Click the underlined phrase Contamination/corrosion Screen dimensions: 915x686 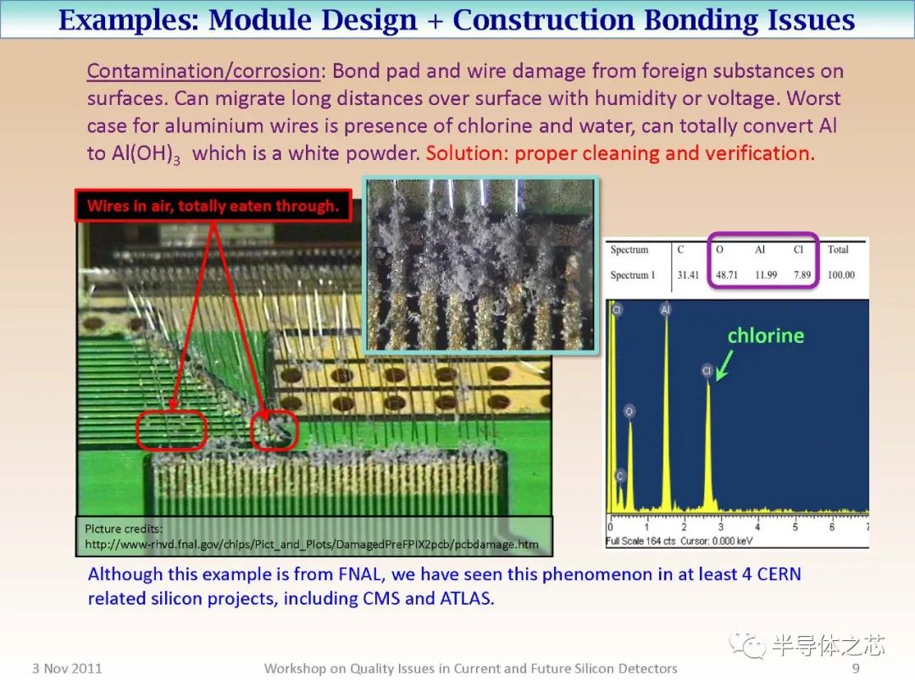203,71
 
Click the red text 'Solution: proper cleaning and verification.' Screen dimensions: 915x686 620,153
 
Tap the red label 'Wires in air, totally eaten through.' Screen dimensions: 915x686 213,205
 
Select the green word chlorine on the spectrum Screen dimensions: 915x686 766,335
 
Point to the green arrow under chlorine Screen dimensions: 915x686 724,366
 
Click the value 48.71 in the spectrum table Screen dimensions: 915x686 727,274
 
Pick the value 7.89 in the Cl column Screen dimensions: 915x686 802,274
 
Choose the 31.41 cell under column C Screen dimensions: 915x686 688,274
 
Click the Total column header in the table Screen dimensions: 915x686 838,250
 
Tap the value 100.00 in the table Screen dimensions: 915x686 841,274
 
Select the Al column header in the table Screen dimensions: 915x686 760,250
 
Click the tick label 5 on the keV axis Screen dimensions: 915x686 795,527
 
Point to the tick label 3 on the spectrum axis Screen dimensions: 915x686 721,527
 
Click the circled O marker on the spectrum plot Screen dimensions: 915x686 629,412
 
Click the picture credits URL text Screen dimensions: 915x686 312,545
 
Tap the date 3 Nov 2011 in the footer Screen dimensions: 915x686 67,668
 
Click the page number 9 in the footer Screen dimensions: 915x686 856,668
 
